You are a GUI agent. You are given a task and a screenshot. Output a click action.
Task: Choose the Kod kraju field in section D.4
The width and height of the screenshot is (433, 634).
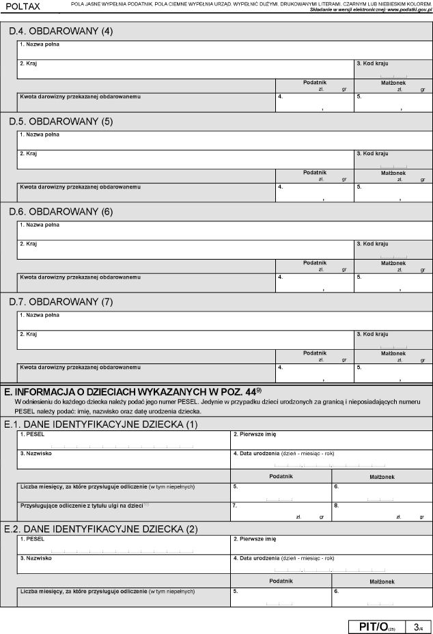pyautogui.click(x=393, y=69)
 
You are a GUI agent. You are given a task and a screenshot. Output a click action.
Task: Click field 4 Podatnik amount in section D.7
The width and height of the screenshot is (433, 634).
pyautogui.click(x=314, y=373)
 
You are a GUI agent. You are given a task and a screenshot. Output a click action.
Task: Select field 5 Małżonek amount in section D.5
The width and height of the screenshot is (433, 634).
pyautogui.click(x=393, y=193)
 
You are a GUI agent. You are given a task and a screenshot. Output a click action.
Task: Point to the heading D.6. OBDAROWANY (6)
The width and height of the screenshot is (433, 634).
pyautogui.click(x=61, y=211)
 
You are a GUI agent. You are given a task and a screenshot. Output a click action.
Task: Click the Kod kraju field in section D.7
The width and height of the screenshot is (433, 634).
pyautogui.click(x=393, y=340)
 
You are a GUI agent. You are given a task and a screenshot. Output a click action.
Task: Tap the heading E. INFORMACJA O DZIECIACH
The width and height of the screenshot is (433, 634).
pyautogui.click(x=133, y=392)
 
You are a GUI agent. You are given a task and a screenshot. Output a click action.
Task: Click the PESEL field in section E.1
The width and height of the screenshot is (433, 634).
pyautogui.click(x=123, y=441)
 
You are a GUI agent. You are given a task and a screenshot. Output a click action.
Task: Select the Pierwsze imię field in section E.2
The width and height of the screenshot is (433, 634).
pyautogui.click(x=331, y=545)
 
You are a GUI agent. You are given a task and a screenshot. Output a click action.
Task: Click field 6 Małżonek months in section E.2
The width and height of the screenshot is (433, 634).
pyautogui.click(x=381, y=597)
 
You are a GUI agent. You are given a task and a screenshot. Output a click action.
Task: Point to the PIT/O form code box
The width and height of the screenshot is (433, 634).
pyautogui.click(x=376, y=626)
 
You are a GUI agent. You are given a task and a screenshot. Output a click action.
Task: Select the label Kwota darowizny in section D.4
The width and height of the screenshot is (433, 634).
pyautogui.click(x=81, y=96)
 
